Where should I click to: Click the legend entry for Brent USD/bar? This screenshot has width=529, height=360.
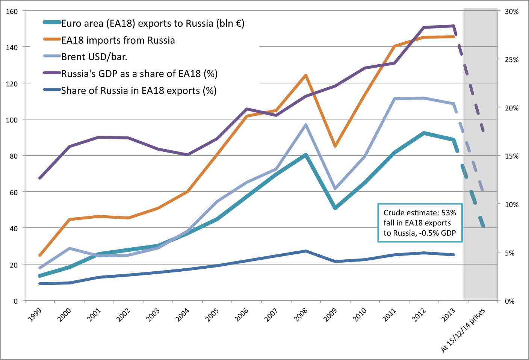(94, 57)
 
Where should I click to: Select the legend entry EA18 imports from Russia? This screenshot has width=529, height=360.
(118, 40)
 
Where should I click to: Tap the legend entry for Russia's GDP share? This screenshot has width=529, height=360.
(139, 74)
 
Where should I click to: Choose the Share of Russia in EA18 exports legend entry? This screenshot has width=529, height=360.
(138, 91)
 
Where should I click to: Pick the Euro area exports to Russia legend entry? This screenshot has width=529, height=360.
(153, 23)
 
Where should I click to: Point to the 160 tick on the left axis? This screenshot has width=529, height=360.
(12, 11)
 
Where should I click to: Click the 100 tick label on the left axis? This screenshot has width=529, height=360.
(12, 120)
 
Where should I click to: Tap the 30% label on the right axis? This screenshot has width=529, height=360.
(512, 12)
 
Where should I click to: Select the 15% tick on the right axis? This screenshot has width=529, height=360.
(512, 156)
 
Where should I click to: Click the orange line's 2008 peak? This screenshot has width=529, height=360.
(306, 75)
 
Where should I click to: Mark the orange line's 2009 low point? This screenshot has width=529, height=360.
(335, 146)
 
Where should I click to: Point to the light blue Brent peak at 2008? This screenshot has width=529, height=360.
(306, 125)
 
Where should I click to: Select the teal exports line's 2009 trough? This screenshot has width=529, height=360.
(335, 208)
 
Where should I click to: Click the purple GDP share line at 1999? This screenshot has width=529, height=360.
(40, 178)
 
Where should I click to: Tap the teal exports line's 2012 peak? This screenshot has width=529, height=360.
(424, 133)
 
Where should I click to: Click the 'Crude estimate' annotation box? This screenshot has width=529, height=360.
(420, 223)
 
